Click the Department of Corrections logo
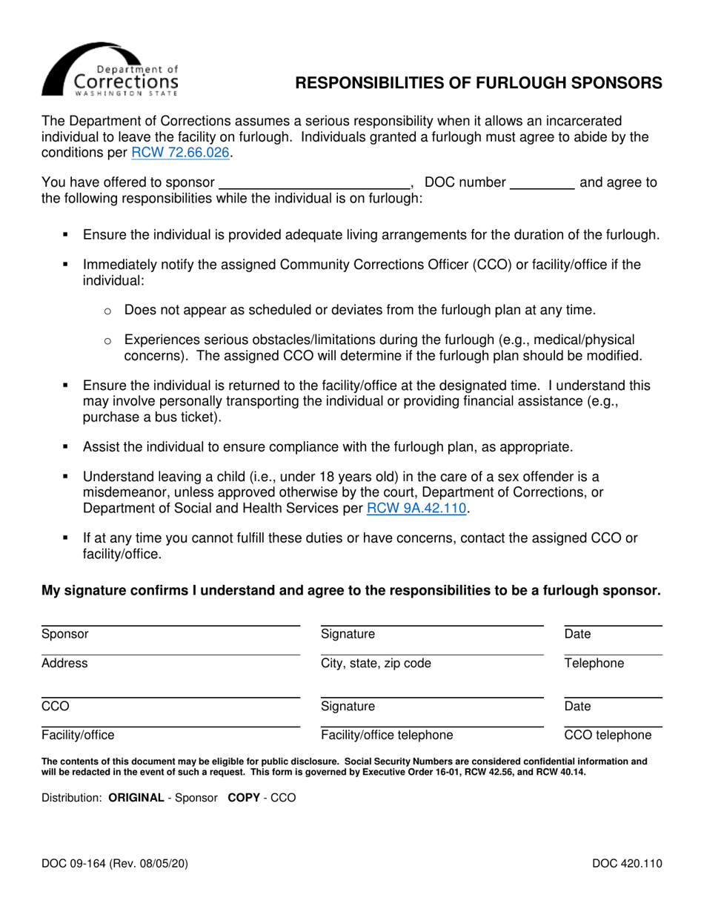[110, 70]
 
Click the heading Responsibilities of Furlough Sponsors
[479, 84]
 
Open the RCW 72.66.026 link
[181, 153]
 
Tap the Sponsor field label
[65, 634]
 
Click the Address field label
[64, 664]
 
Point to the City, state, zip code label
[375, 664]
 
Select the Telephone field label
[594, 664]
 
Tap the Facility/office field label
[78, 736]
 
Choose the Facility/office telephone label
[387, 736]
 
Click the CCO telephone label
[608, 736]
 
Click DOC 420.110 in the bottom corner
[626, 862]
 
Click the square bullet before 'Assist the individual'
[65, 447]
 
